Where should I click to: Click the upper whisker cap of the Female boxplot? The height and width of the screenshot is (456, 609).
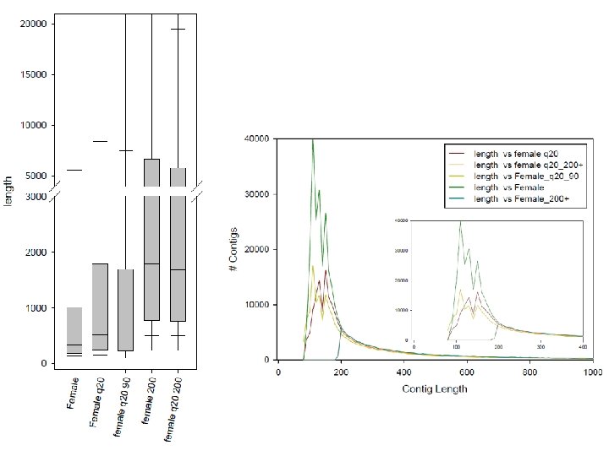click(x=74, y=170)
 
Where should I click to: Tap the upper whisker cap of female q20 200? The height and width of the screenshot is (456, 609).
click(x=178, y=30)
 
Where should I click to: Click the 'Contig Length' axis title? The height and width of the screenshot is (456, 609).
click(x=435, y=389)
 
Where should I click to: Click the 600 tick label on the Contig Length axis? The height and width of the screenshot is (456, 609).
click(x=467, y=372)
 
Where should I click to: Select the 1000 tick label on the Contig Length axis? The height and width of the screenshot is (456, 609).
click(x=592, y=372)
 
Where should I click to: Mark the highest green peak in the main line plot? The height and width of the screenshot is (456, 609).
click(x=313, y=140)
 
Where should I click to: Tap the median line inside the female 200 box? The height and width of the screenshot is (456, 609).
click(x=151, y=264)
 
